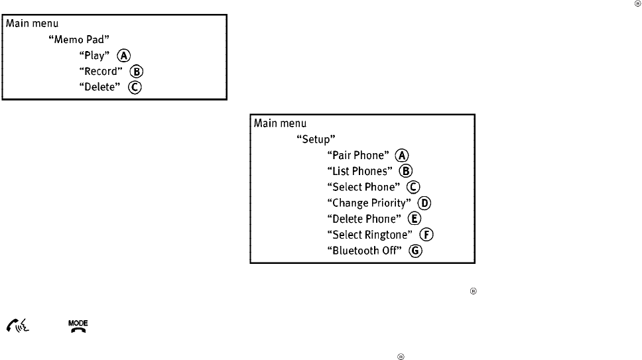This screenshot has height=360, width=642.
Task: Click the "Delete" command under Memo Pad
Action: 99,88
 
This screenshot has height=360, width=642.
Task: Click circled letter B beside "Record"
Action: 137,72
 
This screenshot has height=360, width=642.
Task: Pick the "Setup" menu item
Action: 314,139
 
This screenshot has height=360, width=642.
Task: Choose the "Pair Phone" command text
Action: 357,155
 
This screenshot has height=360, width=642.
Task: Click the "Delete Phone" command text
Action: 364,219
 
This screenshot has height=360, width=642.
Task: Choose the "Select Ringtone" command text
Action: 374,235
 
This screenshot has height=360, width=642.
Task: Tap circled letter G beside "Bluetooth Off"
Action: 417,251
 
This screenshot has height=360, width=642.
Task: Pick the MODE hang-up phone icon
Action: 79,325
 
